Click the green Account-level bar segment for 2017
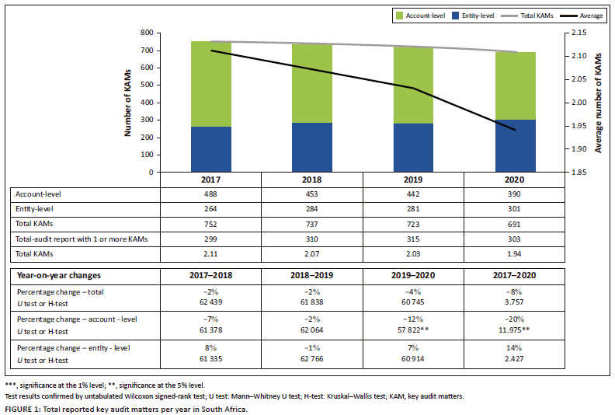pos(211,84)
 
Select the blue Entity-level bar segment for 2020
pos(515,145)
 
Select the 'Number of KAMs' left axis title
pos(128,101)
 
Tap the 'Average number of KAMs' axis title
pos(599,101)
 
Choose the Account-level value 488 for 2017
pos(211,195)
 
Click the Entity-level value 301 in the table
pos(515,210)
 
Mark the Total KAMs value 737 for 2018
pos(312,224)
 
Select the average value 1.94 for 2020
pos(515,253)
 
